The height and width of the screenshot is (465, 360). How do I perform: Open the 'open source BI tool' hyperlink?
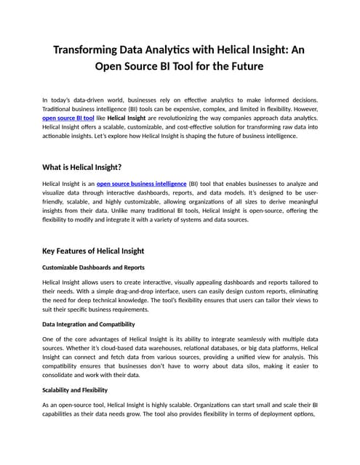click(68, 117)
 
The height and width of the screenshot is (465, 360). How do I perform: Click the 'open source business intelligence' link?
click(141, 184)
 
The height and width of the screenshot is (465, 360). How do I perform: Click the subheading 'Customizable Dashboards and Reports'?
click(93, 267)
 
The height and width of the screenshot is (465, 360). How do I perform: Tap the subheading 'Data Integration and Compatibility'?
click(89, 324)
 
